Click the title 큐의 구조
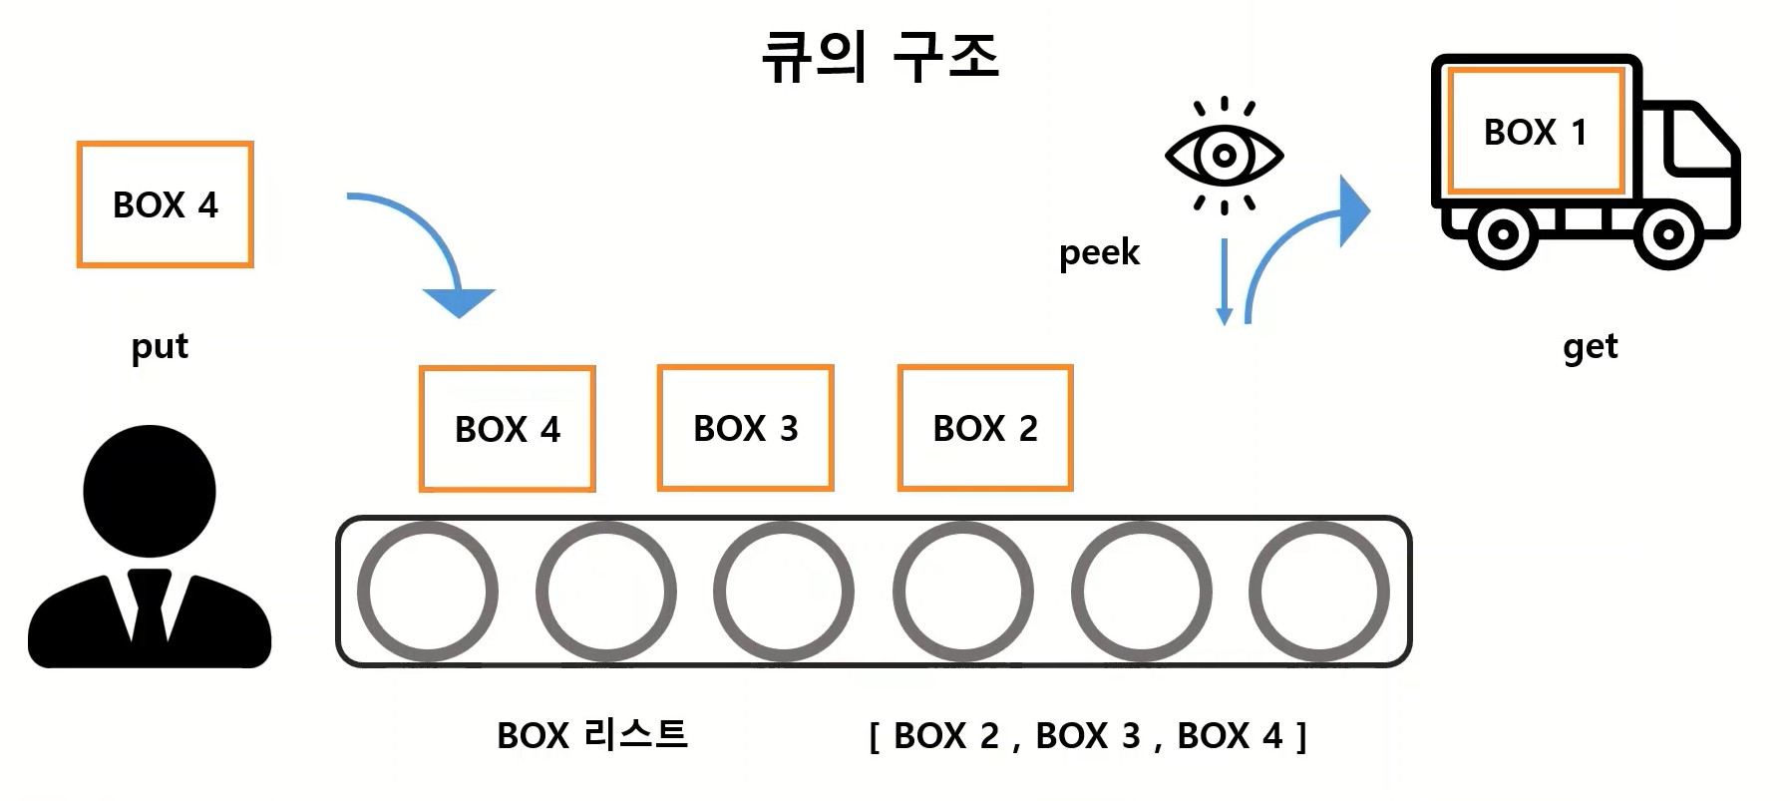pyautogui.click(x=880, y=56)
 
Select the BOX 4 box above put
pyautogui.click(x=166, y=204)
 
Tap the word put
pyautogui.click(x=160, y=347)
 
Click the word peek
pyautogui.click(x=1099, y=253)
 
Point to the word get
pyautogui.click(x=1590, y=347)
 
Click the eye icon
pyautogui.click(x=1224, y=156)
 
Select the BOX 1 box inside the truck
pyautogui.click(x=1535, y=132)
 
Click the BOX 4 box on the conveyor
pyautogui.click(x=507, y=429)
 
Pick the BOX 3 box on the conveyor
pyautogui.click(x=745, y=428)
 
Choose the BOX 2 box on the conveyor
pyautogui.click(x=985, y=428)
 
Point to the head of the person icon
pyautogui.click(x=150, y=491)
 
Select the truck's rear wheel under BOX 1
pyautogui.click(x=1503, y=235)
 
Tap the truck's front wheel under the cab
pyautogui.click(x=1667, y=235)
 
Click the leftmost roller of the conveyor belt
pyautogui.click(x=428, y=592)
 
